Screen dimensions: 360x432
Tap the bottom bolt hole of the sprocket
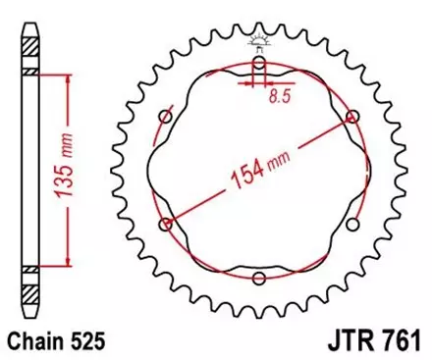[x=258, y=279]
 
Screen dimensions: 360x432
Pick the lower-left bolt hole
[x=166, y=225]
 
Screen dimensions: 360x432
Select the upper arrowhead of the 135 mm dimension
[x=67, y=81]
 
